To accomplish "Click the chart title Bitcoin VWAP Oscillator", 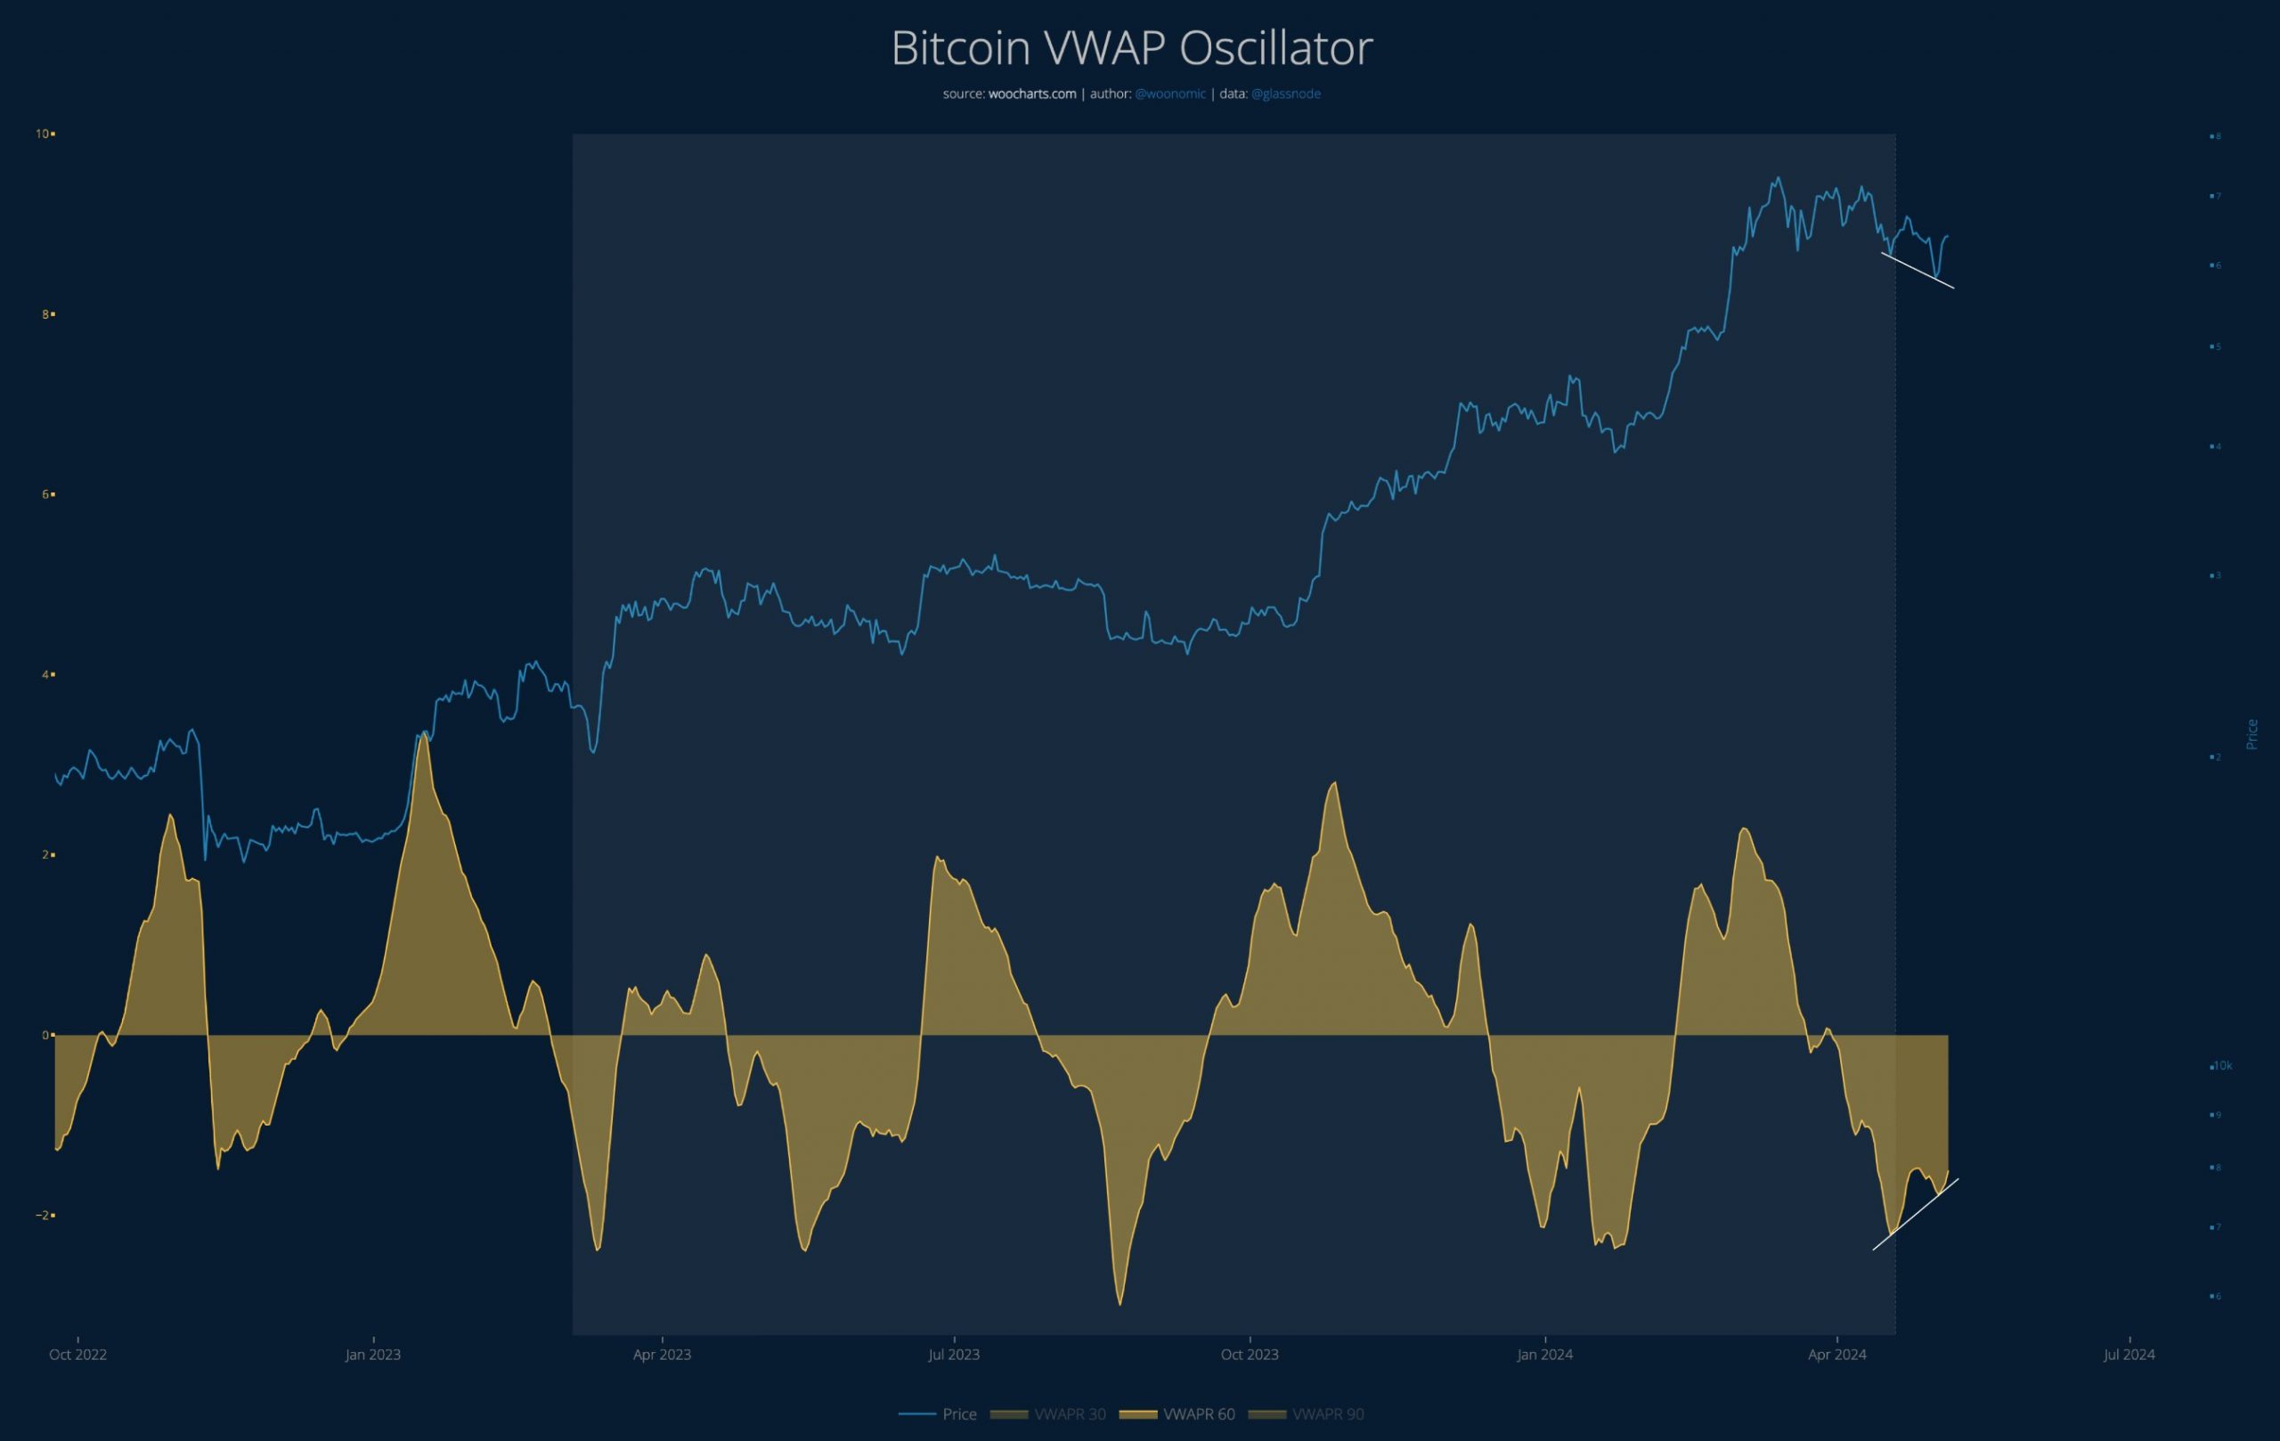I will coord(1131,48).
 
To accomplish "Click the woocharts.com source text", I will coord(1032,94).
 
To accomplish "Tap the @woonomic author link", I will coord(1170,94).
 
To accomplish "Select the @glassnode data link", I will coord(1285,94).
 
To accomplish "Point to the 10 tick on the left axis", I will coord(43,134).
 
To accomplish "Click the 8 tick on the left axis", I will coord(45,314).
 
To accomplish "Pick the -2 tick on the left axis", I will coord(43,1216).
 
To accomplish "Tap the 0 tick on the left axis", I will coord(45,1035).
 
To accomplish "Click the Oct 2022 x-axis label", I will coord(77,1355).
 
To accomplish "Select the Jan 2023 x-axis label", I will coord(373,1355).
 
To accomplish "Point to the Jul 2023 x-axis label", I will coord(954,1355).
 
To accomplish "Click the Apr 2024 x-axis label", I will coord(1836,1355).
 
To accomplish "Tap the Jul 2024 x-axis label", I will coord(2129,1355).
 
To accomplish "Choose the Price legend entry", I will coord(958,1414).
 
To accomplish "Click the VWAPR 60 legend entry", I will coord(1198,1414).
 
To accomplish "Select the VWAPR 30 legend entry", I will coord(1069,1414).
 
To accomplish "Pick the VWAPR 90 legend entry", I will coord(1327,1414).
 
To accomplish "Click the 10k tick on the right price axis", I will coord(2222,1066).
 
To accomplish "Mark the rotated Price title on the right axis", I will coord(2252,735).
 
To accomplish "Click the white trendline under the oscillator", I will coord(1916,1215).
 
